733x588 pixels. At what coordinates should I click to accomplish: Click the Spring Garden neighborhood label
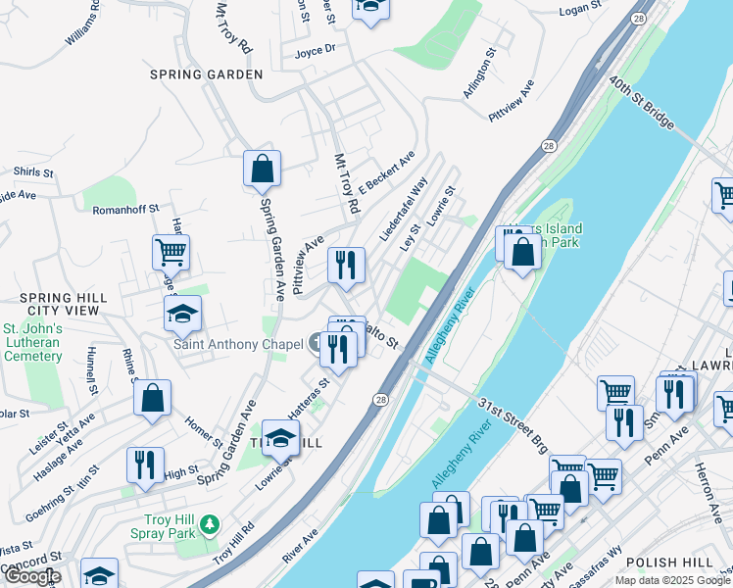[x=206, y=74]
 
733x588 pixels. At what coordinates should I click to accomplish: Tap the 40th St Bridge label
[x=642, y=103]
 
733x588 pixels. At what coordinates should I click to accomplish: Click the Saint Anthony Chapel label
[x=239, y=344]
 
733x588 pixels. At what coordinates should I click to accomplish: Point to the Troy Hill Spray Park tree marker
[x=208, y=526]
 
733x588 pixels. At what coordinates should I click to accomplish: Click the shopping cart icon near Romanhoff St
[x=171, y=253]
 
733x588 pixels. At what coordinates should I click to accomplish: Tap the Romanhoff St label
[x=125, y=209]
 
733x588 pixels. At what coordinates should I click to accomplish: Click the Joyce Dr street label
[x=315, y=49]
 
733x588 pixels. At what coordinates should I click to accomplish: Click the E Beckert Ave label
[x=387, y=171]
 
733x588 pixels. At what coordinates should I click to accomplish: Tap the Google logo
[x=32, y=576]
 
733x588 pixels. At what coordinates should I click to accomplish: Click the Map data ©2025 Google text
[x=672, y=580]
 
